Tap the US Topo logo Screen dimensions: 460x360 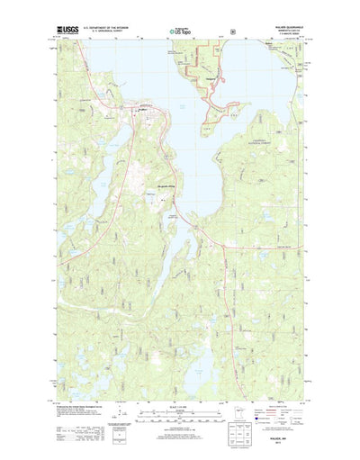180,33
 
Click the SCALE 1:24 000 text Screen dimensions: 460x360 180,401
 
